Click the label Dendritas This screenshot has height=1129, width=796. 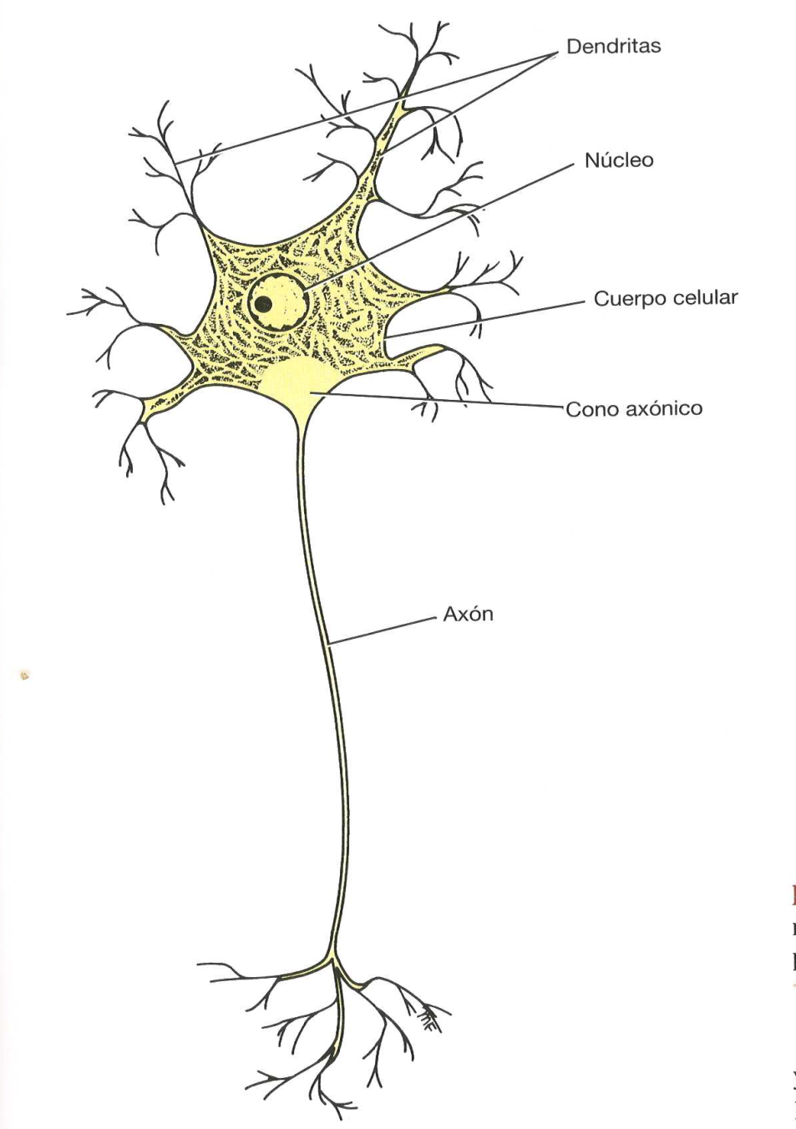[613, 46]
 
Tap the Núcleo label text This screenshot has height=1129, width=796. [618, 160]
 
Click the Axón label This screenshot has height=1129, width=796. [468, 615]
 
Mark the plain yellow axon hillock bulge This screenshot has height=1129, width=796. [298, 380]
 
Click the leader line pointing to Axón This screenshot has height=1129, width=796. [384, 631]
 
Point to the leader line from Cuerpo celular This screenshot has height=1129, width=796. [484, 318]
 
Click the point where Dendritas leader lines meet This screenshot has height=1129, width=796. [555, 54]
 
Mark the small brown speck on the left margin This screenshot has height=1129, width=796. [25, 676]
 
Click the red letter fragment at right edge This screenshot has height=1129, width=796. [792, 896]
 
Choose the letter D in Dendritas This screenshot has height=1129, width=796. [573, 46]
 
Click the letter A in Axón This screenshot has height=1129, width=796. [450, 615]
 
